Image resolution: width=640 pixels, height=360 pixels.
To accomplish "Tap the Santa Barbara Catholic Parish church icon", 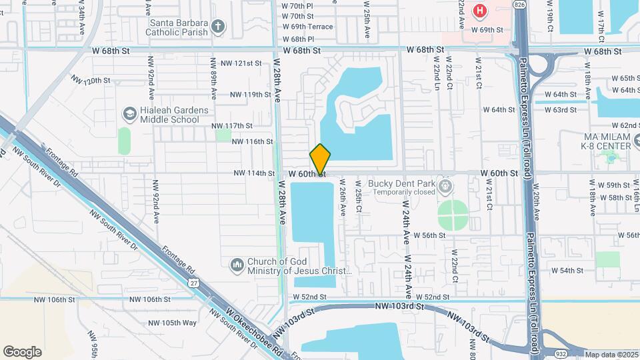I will [217, 27].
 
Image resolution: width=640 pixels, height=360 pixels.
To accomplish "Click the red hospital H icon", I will [479, 11].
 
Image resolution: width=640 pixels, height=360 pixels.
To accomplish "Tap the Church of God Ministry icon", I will [237, 266].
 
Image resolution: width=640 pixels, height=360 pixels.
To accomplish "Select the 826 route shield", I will [520, 5].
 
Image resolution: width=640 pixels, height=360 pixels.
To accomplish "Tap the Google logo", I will [23, 352].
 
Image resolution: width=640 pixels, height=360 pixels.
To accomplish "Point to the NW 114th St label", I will [254, 173].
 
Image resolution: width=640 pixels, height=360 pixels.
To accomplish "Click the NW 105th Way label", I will [172, 323].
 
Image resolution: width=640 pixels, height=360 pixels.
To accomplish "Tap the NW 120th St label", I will [91, 80].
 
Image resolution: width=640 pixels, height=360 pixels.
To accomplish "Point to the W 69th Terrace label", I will [307, 27].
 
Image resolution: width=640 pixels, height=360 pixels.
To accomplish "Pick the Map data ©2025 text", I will [611, 354].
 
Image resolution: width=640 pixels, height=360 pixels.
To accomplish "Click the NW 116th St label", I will [252, 141].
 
